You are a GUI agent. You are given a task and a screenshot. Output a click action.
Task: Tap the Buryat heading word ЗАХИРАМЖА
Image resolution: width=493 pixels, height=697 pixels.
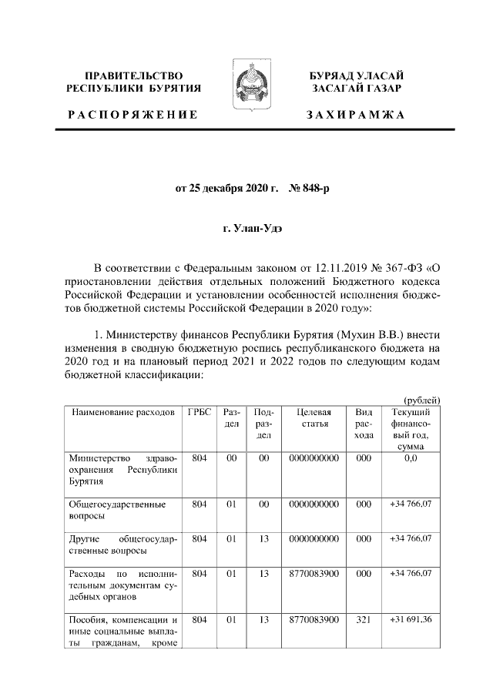355,115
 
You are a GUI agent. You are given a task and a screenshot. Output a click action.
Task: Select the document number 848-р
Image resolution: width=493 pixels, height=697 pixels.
309,187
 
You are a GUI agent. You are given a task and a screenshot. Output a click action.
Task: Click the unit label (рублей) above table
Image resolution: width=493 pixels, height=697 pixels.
421,399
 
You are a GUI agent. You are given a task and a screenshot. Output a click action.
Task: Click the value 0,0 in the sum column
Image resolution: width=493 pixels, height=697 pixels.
411,458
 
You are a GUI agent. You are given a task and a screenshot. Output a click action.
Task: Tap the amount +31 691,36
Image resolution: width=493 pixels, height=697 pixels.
411,620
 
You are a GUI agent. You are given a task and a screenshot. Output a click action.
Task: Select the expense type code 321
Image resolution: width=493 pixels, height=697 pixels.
364,620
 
